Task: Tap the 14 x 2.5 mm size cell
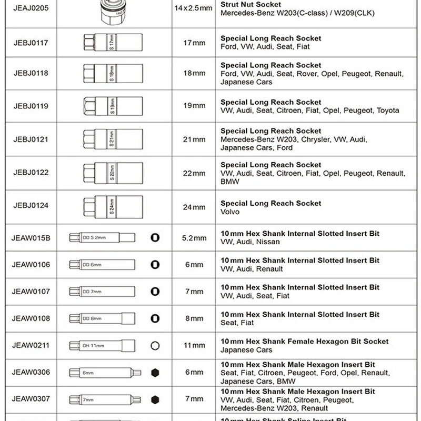193,8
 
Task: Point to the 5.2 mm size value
194,238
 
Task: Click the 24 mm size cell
194,207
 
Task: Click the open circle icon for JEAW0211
155,346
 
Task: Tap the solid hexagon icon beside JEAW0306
155,373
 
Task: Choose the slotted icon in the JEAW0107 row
155,292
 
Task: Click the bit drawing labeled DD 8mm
102,318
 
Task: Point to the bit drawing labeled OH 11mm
102,346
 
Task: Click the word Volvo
230,212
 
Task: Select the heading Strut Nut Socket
250,4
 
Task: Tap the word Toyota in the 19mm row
388,111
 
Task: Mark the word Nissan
268,242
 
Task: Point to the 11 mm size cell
194,346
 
